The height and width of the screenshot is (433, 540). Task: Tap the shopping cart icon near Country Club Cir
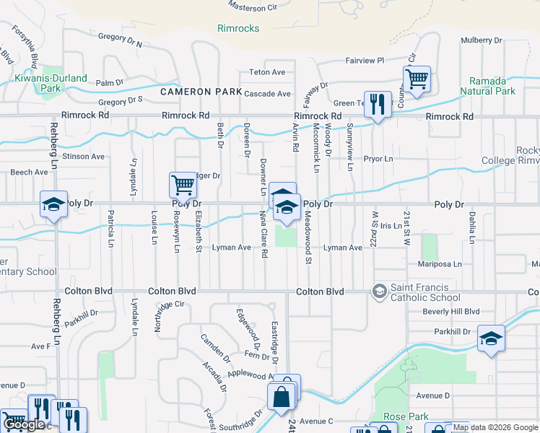[x=417, y=79]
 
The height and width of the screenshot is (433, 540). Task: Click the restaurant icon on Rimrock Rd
[x=378, y=105]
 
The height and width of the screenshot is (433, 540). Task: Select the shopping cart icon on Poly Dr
[x=183, y=185]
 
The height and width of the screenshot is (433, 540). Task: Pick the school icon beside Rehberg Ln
[x=54, y=204]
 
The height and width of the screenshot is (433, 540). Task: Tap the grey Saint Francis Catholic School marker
[x=378, y=291]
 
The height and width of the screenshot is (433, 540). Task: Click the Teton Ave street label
[x=268, y=72]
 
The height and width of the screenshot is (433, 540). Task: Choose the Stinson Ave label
[x=84, y=156]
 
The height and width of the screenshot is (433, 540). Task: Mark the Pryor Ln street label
[x=378, y=159]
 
